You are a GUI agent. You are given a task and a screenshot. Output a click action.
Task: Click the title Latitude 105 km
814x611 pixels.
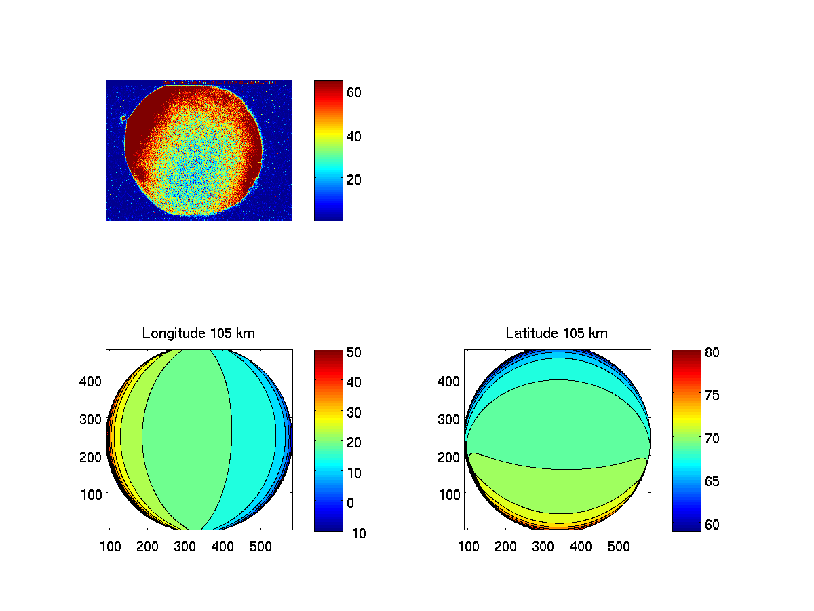557,333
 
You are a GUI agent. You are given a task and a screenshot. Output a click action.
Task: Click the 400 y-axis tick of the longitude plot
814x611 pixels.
93,381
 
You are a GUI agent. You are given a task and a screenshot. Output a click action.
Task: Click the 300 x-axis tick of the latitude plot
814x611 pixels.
543,545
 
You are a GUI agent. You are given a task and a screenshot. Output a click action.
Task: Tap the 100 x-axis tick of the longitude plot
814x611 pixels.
111,545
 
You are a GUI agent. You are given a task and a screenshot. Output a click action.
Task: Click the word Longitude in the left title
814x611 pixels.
170,333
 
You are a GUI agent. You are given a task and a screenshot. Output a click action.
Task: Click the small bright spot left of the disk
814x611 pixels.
123,119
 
